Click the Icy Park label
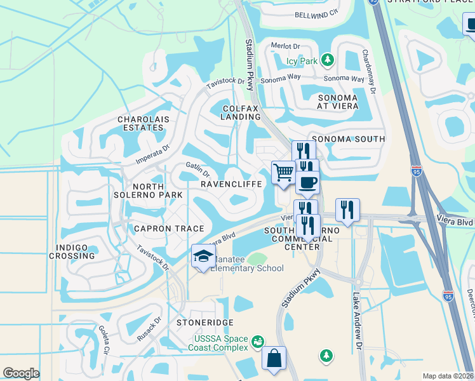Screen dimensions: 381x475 coord(301,62)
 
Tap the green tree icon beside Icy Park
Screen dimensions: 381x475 coord(327,60)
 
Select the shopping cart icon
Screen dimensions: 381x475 coord(283,172)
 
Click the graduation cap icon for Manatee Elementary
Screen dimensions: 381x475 coord(203,256)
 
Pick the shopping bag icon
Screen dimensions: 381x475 coord(274,358)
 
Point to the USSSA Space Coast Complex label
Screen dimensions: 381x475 coord(220,343)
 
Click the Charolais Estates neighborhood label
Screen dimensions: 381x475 coord(141,123)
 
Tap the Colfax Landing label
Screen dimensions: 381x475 coord(241,113)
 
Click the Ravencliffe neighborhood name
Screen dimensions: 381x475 coord(231,184)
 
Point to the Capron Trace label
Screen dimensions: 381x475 coord(169,229)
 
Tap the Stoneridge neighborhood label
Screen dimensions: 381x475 coord(205,323)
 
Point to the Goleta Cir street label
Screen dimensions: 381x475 coord(105,340)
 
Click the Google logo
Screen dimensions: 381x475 coord(22,373)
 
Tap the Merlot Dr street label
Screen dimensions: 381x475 coord(285,46)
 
